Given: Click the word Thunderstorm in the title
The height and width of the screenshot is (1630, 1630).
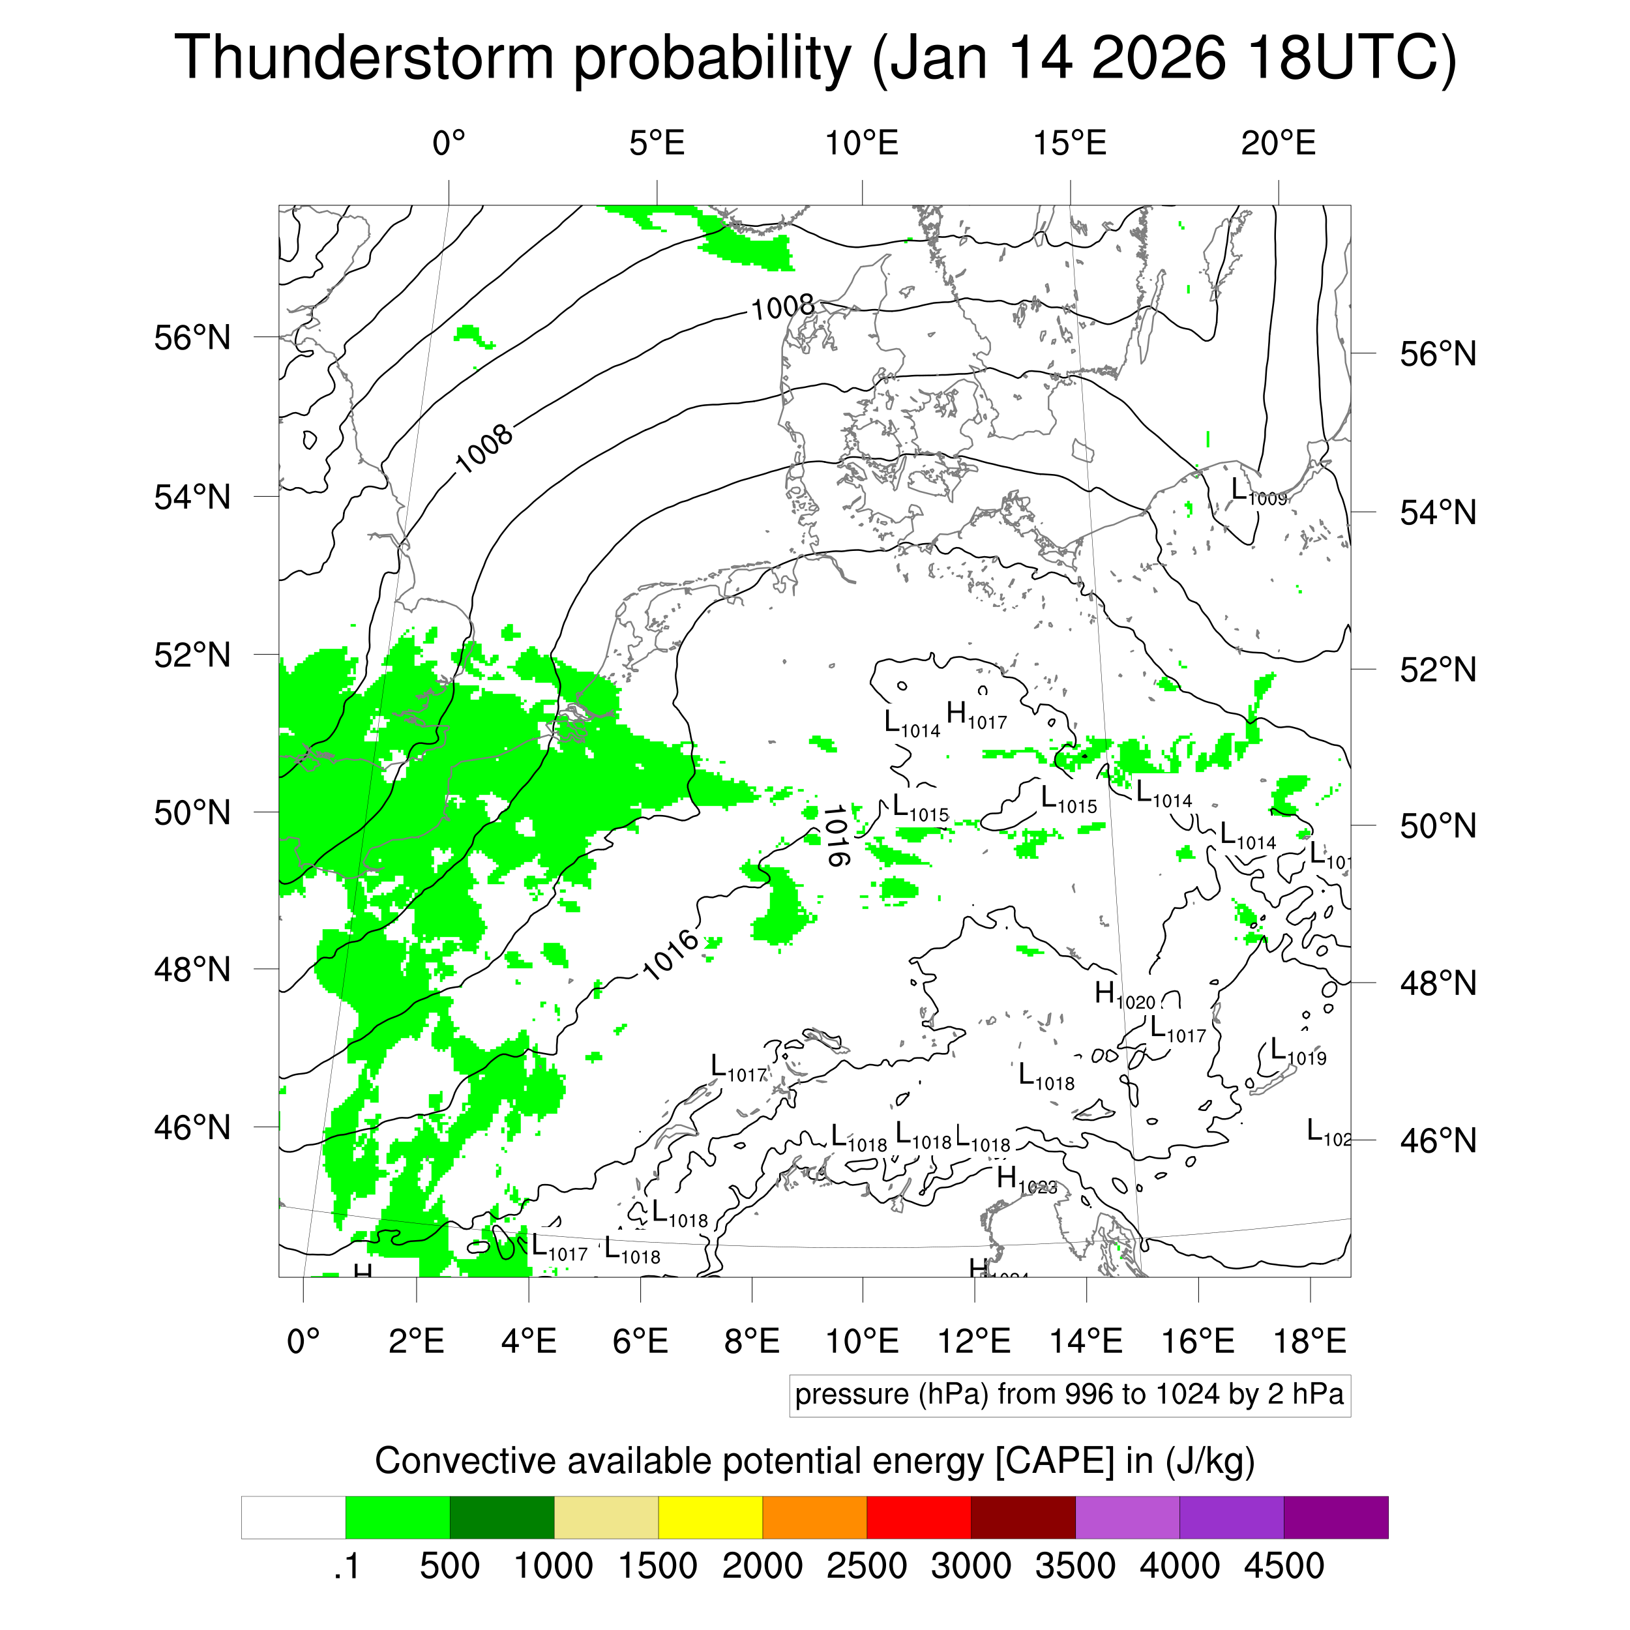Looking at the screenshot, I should pos(363,57).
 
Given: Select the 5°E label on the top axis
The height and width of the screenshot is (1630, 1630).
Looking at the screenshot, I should pos(657,143).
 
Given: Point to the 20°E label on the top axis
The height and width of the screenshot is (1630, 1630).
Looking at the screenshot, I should pos(1277,143).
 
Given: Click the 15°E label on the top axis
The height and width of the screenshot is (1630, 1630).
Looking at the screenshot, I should pos(1070,143).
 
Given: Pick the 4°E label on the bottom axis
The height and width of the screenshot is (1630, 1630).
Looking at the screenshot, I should pos(528,1341).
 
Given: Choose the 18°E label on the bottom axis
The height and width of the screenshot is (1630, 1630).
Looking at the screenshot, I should pos(1309,1341).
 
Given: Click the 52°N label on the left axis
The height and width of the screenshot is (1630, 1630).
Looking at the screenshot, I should pos(192,655).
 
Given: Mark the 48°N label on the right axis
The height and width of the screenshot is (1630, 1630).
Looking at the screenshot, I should pos(1438,983).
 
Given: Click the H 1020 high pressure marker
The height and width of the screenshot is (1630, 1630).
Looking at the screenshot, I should pos(1124,995).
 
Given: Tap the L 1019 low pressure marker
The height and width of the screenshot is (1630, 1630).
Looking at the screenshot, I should pos(1297,1052).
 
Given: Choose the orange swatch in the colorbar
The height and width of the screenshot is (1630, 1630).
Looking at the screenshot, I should pos(814,1517).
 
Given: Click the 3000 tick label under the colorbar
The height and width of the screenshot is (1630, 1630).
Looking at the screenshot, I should pos(970,1566).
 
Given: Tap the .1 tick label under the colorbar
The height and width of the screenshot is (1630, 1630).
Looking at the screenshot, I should pos(347,1566).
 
